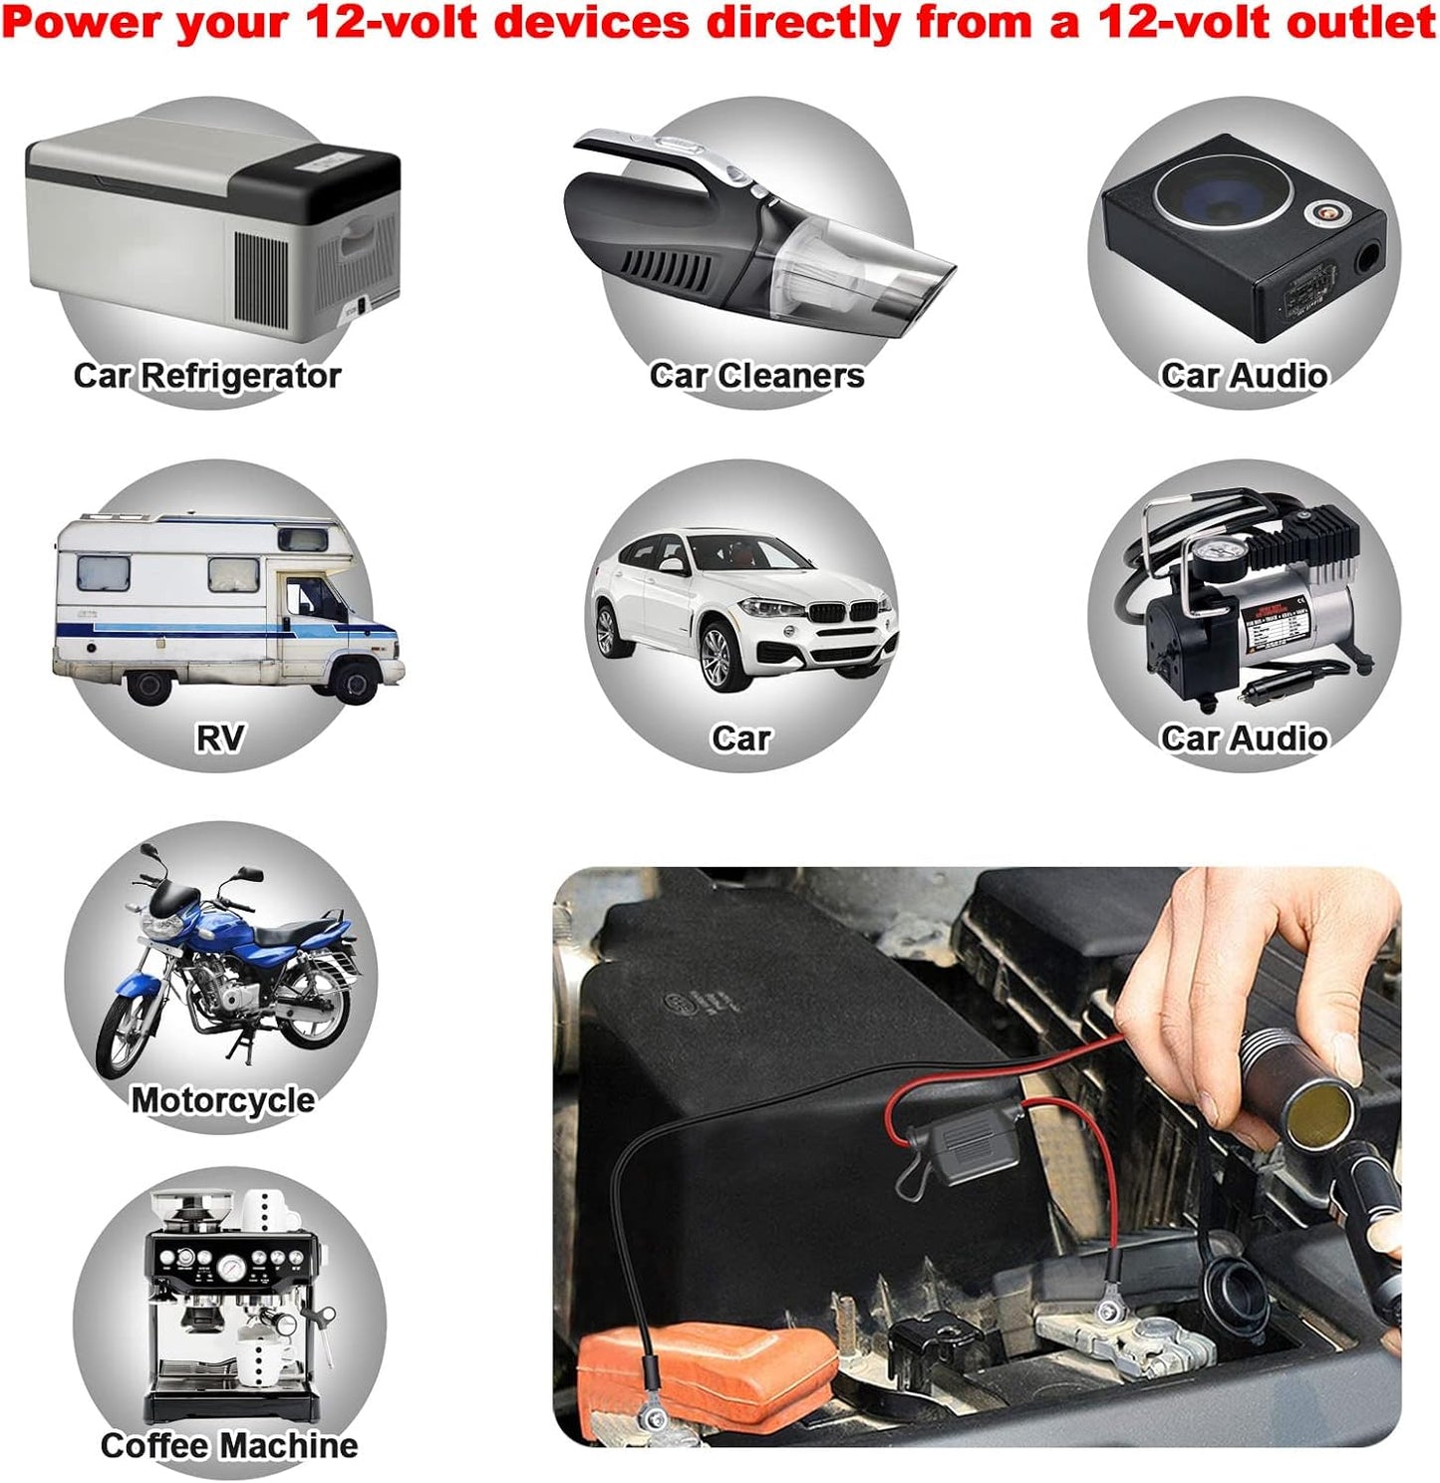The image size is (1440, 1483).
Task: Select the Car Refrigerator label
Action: pyautogui.click(x=207, y=375)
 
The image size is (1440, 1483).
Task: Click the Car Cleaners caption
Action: pyautogui.click(x=756, y=375)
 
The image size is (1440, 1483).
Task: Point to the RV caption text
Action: pyautogui.click(x=220, y=738)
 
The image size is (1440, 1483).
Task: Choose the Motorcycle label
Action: pyautogui.click(x=222, y=1100)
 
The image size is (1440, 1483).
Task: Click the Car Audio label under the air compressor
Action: pyautogui.click(x=1244, y=738)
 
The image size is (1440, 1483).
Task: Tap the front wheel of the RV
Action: pyautogui.click(x=355, y=682)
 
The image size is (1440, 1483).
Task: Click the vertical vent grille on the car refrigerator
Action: pyautogui.click(x=260, y=279)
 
